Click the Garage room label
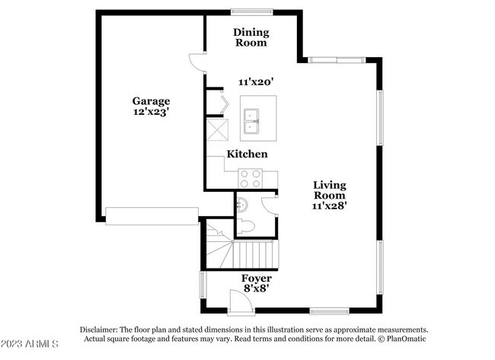(152, 101)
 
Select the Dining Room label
(251, 37)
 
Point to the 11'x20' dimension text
(256, 82)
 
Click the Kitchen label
(247, 154)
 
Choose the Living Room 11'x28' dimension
(330, 205)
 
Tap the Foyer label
(257, 279)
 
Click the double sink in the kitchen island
(251, 121)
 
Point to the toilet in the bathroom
(246, 227)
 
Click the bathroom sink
(242, 205)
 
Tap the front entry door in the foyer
(241, 302)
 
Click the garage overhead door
(152, 216)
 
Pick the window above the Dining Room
(251, 12)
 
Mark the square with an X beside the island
(218, 129)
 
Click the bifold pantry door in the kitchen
(224, 104)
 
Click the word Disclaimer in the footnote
(99, 330)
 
